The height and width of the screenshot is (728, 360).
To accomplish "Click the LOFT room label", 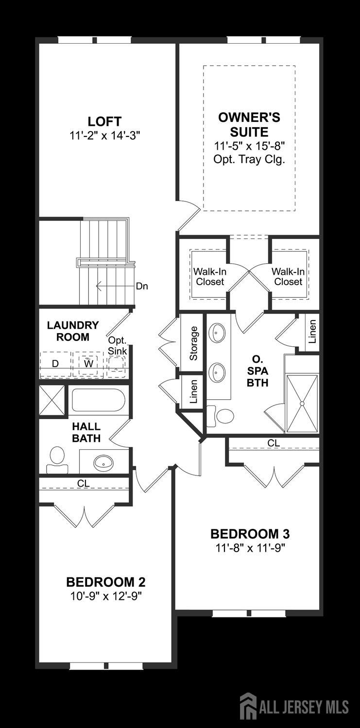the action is (105, 121).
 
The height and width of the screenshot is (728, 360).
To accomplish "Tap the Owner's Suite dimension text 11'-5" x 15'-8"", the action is (249, 146).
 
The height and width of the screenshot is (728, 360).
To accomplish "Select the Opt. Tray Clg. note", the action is (249, 160).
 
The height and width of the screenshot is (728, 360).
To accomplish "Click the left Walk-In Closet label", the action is (210, 276).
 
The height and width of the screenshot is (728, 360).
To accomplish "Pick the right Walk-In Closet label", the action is (288, 276).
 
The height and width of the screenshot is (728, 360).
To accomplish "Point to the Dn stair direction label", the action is (142, 287).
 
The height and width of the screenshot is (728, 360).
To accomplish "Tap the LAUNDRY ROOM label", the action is (73, 331).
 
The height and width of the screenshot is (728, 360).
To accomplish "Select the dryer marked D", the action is (55, 365).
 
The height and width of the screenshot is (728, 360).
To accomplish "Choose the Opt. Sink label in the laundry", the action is (118, 346).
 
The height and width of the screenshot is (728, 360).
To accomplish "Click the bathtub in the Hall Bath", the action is (99, 400).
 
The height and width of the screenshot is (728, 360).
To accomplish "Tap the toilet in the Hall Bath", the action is (57, 460).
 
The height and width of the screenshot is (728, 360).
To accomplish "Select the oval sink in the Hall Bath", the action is (103, 461).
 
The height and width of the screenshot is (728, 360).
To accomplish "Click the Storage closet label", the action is (193, 343).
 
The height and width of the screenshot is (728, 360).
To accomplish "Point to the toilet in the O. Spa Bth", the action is (221, 416).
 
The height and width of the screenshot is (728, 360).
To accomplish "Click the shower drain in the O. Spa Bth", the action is (302, 404).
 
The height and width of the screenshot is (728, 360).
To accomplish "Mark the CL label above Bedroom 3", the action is (274, 443).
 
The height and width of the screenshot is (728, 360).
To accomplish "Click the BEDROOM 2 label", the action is (106, 582).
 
